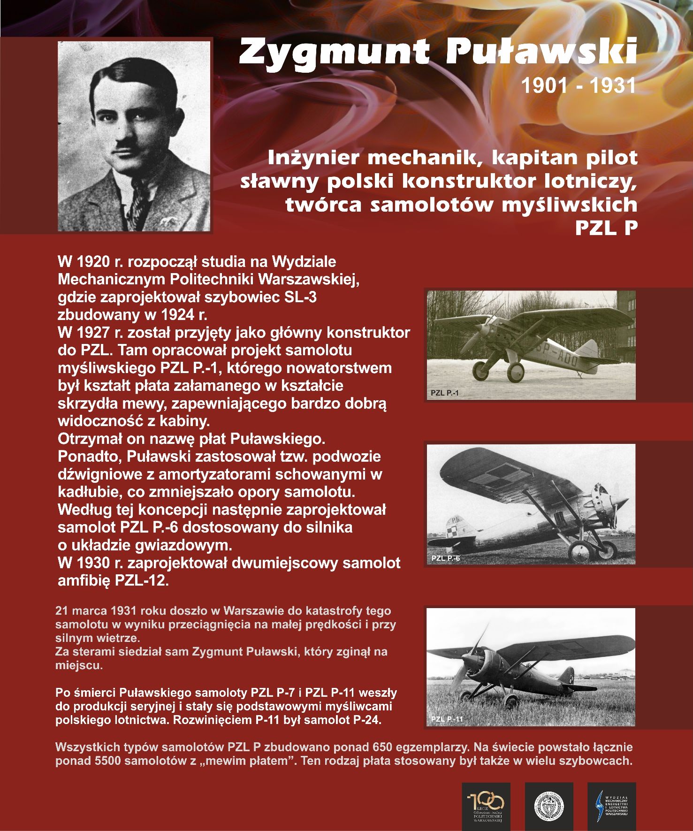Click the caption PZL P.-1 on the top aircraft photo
444,393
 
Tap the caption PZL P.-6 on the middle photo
445,558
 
